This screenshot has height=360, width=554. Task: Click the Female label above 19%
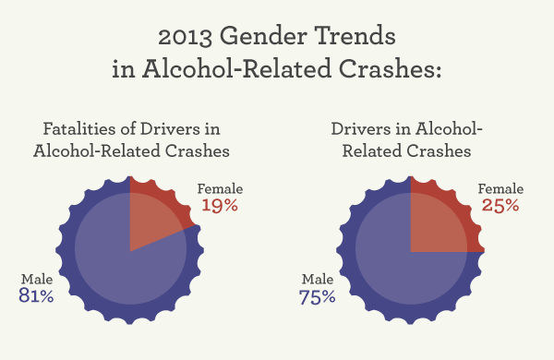click(x=221, y=188)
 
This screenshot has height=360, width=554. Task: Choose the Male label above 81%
click(x=35, y=278)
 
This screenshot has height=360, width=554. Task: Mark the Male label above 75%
click(x=316, y=278)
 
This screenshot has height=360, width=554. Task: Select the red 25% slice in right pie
click(x=441, y=218)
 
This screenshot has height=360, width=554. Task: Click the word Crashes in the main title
click(x=384, y=72)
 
